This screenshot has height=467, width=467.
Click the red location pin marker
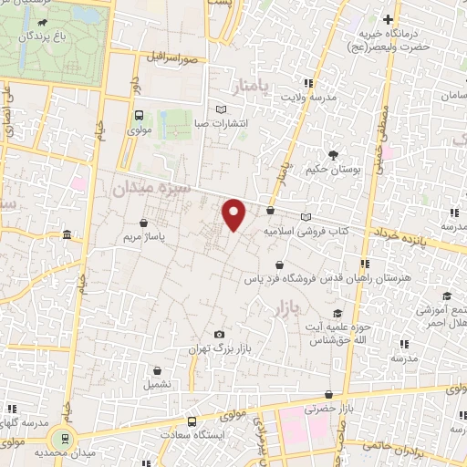(x=234, y=213)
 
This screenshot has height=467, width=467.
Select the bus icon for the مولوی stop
(x=139, y=116)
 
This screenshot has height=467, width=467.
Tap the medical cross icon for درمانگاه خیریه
(x=389, y=19)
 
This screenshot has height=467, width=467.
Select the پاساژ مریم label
(x=143, y=236)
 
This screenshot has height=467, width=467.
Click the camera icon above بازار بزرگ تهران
(x=219, y=335)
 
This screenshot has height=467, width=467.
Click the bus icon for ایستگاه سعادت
(x=192, y=421)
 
